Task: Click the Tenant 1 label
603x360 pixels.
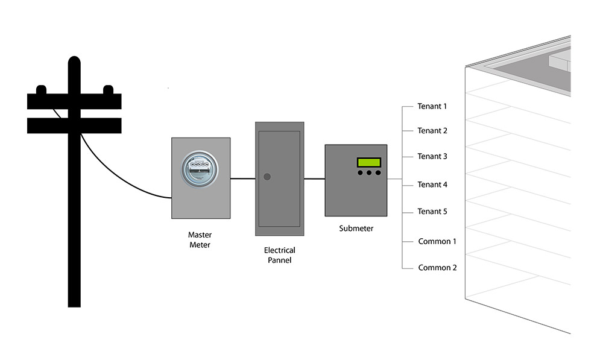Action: tap(432, 107)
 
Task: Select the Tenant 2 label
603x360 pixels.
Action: tap(432, 131)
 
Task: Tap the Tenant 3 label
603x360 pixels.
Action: tap(432, 157)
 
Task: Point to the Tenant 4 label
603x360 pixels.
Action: tap(432, 185)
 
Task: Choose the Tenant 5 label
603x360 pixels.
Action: tap(432, 212)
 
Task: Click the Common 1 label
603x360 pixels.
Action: tap(437, 241)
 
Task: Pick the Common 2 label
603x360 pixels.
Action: tap(437, 268)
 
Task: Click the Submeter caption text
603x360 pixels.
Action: tap(356, 229)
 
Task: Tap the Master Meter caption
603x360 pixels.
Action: tap(200, 240)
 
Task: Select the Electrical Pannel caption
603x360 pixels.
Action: tap(279, 255)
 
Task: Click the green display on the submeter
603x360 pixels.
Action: tap(369, 162)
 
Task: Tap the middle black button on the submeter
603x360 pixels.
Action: tap(369, 173)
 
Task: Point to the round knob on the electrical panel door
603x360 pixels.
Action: tap(268, 177)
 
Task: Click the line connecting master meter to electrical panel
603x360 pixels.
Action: tap(242, 178)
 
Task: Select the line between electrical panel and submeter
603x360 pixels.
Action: tap(314, 178)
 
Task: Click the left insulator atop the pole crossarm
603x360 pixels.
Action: tap(41, 90)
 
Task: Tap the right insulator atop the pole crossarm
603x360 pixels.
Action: tap(109, 90)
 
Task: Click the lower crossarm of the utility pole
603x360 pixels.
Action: tap(74, 125)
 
